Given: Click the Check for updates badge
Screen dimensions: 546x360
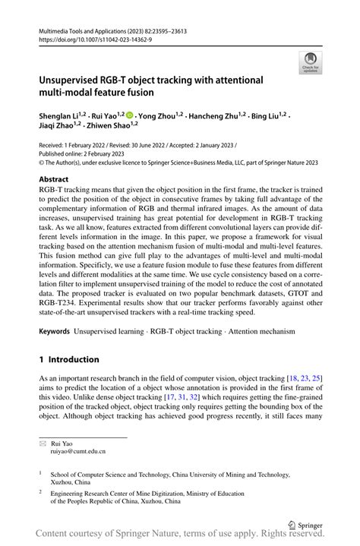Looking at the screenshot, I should pyautogui.click(x=310, y=63).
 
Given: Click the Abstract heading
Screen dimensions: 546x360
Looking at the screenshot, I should pyautogui.click(x=58, y=180).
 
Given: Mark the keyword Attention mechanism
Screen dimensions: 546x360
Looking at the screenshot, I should pyautogui.click(x=247, y=332).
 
